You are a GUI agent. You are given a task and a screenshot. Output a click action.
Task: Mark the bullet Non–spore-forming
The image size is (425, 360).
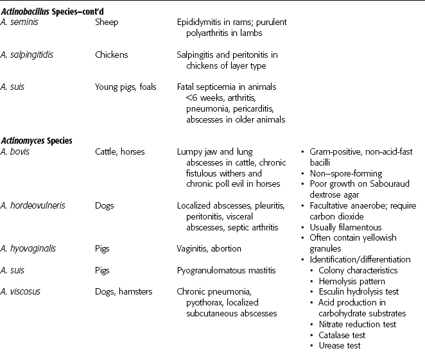point(345,173)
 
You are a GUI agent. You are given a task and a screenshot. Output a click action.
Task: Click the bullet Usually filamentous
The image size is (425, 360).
point(345,227)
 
